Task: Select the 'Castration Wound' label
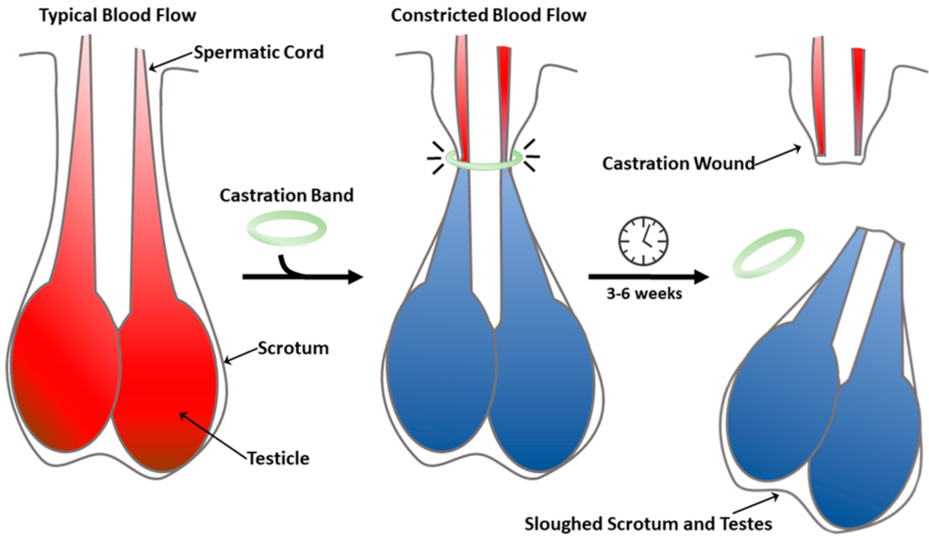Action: click(x=678, y=164)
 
